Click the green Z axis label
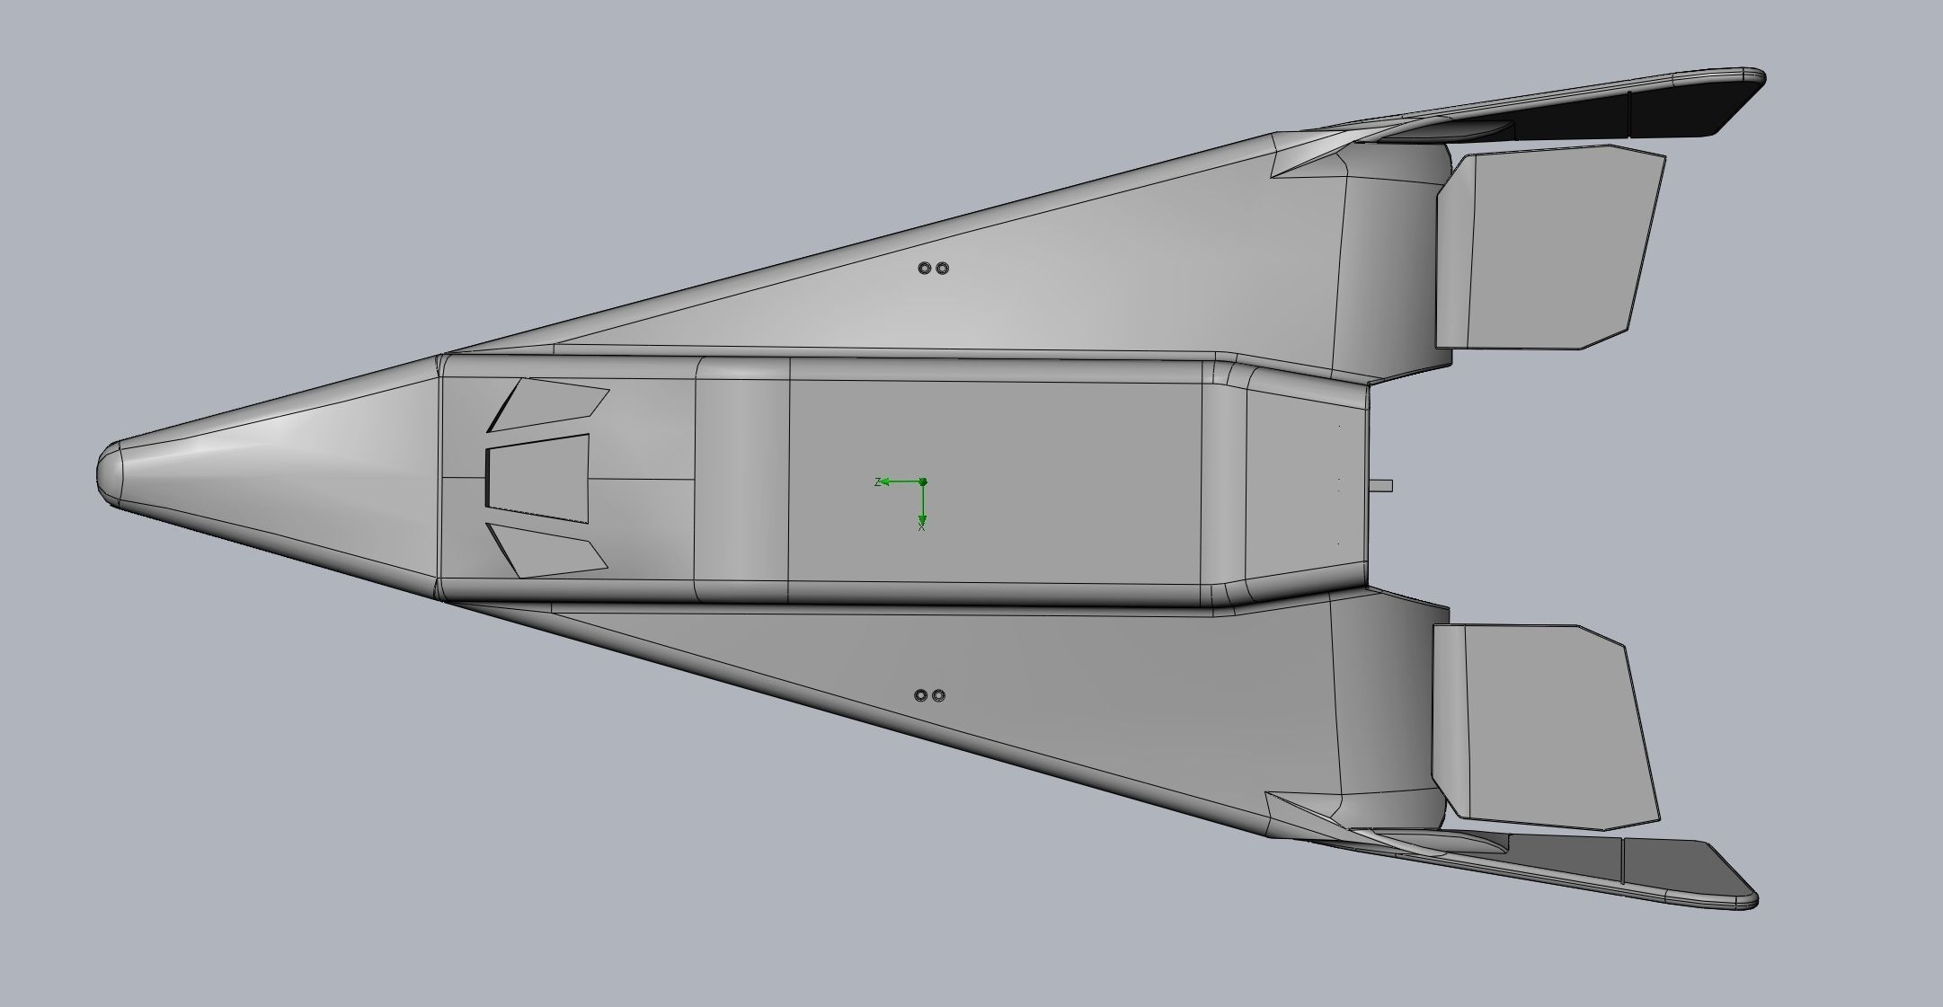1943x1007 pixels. click(877, 482)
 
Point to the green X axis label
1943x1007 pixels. click(922, 527)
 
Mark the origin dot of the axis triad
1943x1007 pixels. click(923, 482)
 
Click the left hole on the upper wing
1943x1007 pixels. click(924, 268)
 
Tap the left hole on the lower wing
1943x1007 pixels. click(920, 695)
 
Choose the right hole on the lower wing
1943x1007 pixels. click(938, 695)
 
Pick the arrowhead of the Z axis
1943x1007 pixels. click(885, 482)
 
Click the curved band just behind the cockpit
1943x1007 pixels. click(742, 479)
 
